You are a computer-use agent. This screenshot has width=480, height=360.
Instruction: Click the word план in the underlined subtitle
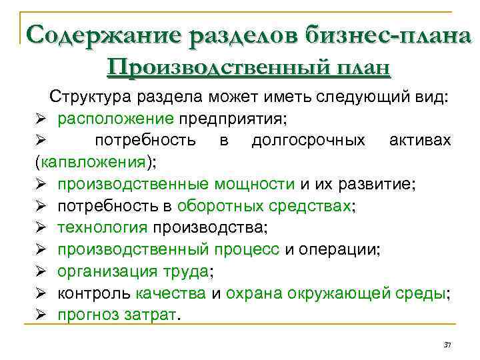point(361,68)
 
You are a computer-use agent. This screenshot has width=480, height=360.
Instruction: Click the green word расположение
point(116,119)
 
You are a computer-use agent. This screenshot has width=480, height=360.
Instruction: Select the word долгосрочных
point(308,140)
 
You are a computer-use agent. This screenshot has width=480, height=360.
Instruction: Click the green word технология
point(102,227)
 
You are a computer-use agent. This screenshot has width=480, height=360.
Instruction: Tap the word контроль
point(94,293)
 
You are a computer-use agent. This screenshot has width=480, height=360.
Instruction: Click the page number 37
point(447,345)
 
